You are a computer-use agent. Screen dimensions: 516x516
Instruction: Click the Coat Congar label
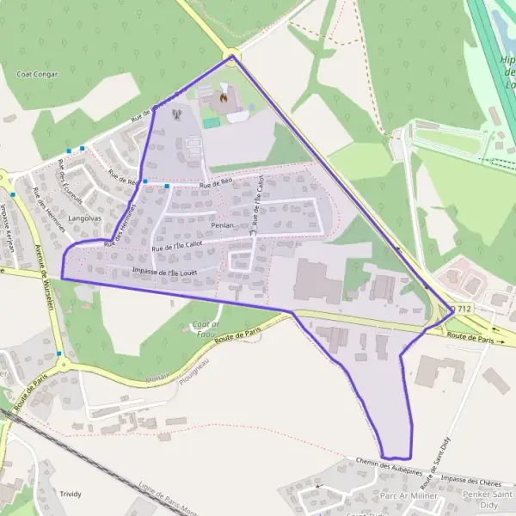(x=37, y=75)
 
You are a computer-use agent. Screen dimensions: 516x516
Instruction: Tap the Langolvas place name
(x=84, y=219)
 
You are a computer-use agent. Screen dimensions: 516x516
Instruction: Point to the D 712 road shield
(x=463, y=309)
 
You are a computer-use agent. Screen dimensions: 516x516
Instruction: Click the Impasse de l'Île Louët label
(x=165, y=272)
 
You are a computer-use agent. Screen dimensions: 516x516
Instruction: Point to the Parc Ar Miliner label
(x=408, y=496)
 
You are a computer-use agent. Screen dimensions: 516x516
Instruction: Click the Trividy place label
(x=71, y=494)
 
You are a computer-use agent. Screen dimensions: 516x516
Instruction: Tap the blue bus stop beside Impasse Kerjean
(x=13, y=194)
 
